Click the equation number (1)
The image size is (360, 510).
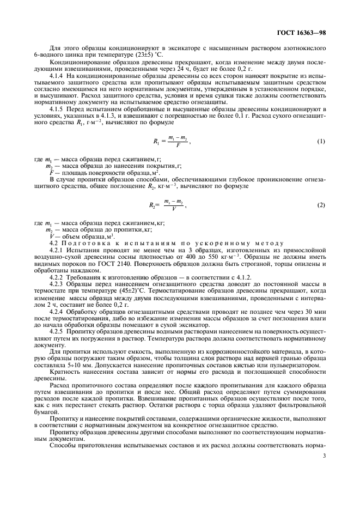(321, 141)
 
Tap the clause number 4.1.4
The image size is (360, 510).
(57, 78)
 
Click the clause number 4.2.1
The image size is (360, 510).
(57, 246)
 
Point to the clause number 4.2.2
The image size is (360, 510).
(57, 278)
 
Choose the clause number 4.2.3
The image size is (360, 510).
(57, 284)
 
